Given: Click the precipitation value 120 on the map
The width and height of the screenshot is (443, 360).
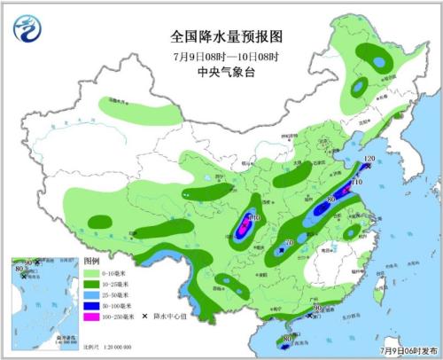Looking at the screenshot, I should [x=370, y=159].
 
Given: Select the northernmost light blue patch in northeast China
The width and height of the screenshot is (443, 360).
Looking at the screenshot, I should [x=379, y=62].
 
